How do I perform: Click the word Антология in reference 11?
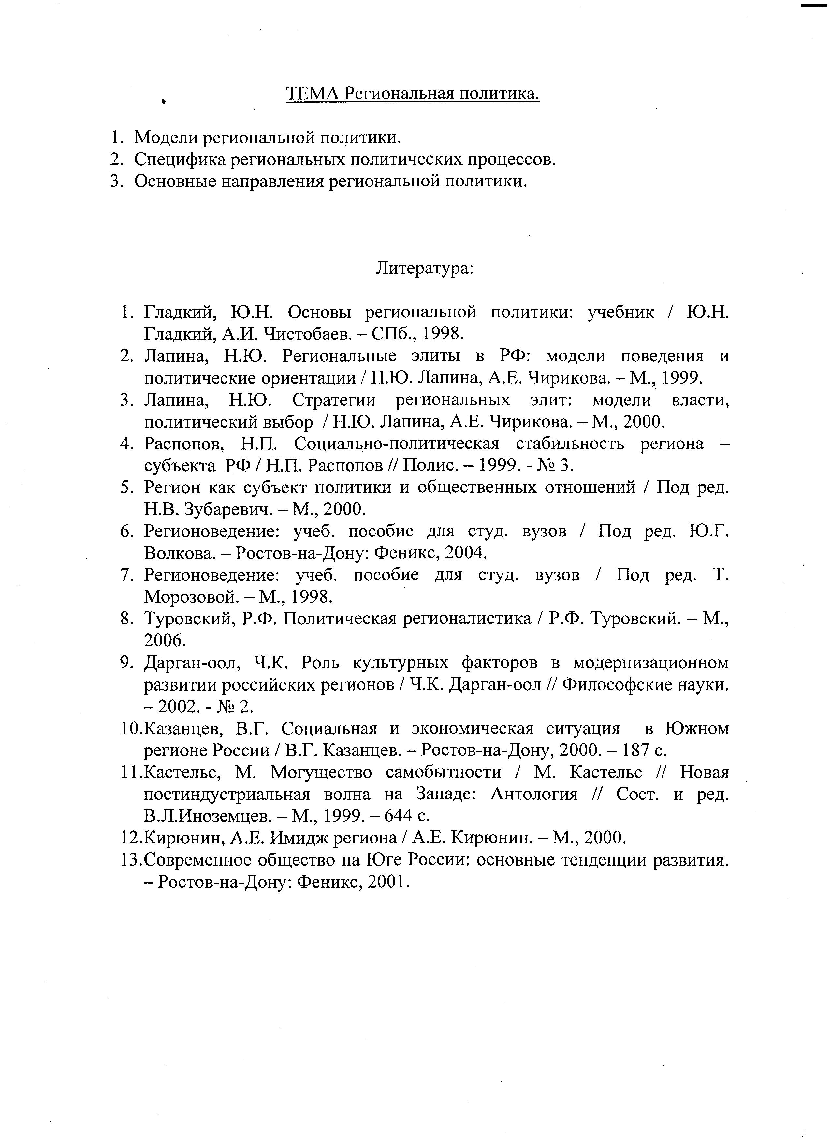click(x=534, y=794)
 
